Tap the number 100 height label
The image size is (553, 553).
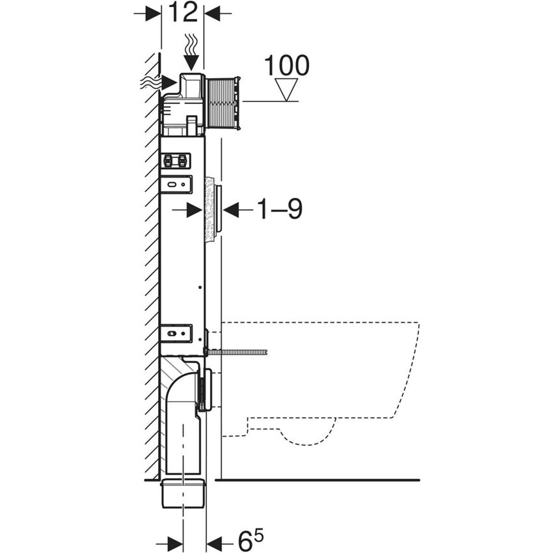(x=286, y=65)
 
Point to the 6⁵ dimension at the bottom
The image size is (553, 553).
(x=250, y=539)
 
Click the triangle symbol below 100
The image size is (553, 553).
(x=286, y=89)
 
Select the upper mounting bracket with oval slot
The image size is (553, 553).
(x=176, y=184)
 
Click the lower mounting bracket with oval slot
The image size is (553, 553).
(x=176, y=333)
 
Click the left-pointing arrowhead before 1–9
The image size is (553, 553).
(x=232, y=209)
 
